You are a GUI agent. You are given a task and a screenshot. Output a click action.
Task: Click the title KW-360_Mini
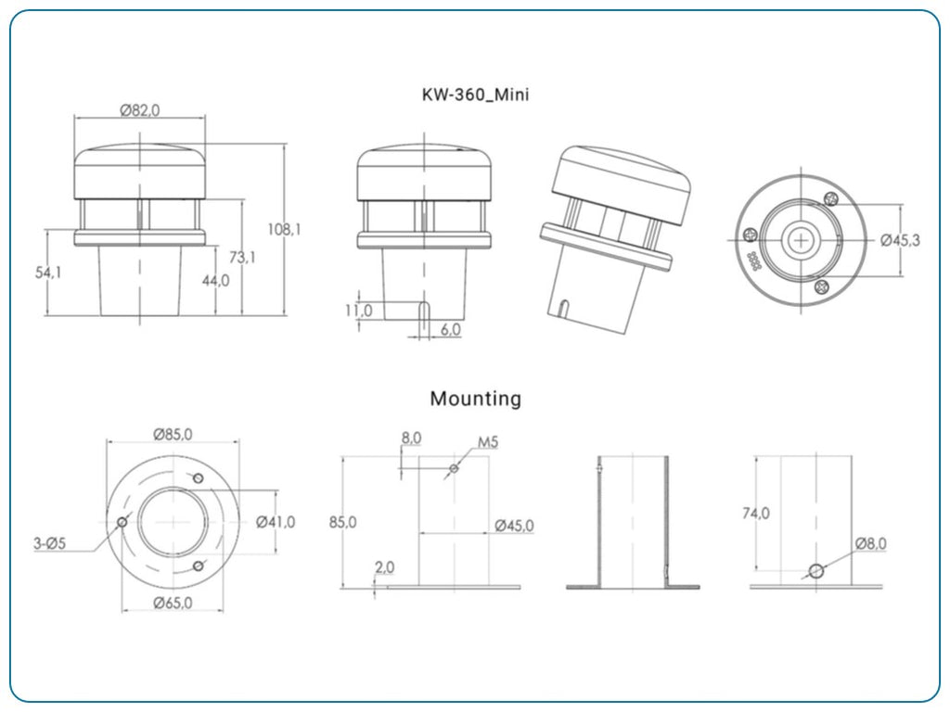click(475, 95)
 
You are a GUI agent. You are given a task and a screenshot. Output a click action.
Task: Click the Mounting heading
click(475, 399)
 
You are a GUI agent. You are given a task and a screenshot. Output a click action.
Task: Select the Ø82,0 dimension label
click(139, 109)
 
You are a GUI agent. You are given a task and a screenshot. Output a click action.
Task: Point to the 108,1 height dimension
click(284, 229)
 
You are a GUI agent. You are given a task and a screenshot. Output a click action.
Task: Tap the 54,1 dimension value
click(48, 273)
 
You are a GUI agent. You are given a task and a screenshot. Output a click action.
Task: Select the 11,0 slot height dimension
click(358, 311)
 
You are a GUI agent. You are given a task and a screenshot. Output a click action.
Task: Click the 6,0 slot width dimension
click(450, 330)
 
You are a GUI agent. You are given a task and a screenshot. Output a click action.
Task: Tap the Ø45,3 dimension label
click(900, 240)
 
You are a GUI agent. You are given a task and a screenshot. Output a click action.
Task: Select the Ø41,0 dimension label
click(276, 522)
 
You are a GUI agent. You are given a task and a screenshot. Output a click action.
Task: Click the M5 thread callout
click(488, 442)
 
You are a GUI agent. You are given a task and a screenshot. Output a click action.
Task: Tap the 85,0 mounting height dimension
click(342, 522)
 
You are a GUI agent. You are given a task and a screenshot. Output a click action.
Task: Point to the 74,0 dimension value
click(756, 513)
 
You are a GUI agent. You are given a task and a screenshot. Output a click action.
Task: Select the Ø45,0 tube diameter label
click(514, 526)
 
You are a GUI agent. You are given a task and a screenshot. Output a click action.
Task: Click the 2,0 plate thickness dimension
click(385, 566)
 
